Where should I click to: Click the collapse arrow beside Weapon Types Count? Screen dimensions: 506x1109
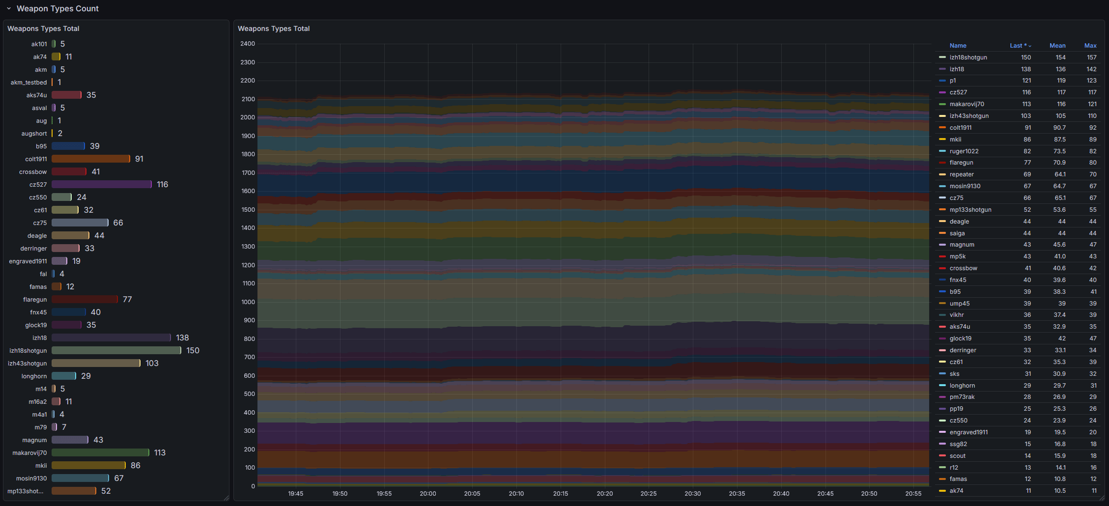pos(9,8)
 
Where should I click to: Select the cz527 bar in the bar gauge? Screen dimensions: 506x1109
pos(101,184)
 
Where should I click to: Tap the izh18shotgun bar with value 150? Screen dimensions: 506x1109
pos(116,350)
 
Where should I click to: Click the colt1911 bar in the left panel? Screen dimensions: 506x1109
pos(90,159)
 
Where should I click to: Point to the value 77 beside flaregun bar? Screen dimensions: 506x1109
pos(127,299)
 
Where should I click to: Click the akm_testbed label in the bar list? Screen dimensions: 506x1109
pos(28,82)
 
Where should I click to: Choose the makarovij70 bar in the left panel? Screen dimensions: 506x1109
pos(100,452)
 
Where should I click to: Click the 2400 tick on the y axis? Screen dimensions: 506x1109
pos(248,44)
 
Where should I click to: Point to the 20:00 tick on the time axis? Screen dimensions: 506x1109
pos(428,493)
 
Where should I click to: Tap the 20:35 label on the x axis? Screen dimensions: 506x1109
pos(737,493)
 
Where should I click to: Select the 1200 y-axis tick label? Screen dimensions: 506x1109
pos(248,265)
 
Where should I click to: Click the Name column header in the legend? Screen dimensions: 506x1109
pos(958,45)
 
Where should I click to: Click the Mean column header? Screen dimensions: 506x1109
pos(1057,45)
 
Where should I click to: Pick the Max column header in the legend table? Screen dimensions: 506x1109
pos(1090,45)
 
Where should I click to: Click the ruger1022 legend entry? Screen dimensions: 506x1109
pos(964,151)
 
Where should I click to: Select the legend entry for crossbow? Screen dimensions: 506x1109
pos(963,268)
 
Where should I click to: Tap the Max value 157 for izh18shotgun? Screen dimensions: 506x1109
pos(1091,57)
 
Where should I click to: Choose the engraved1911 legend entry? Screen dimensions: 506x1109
pos(968,432)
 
